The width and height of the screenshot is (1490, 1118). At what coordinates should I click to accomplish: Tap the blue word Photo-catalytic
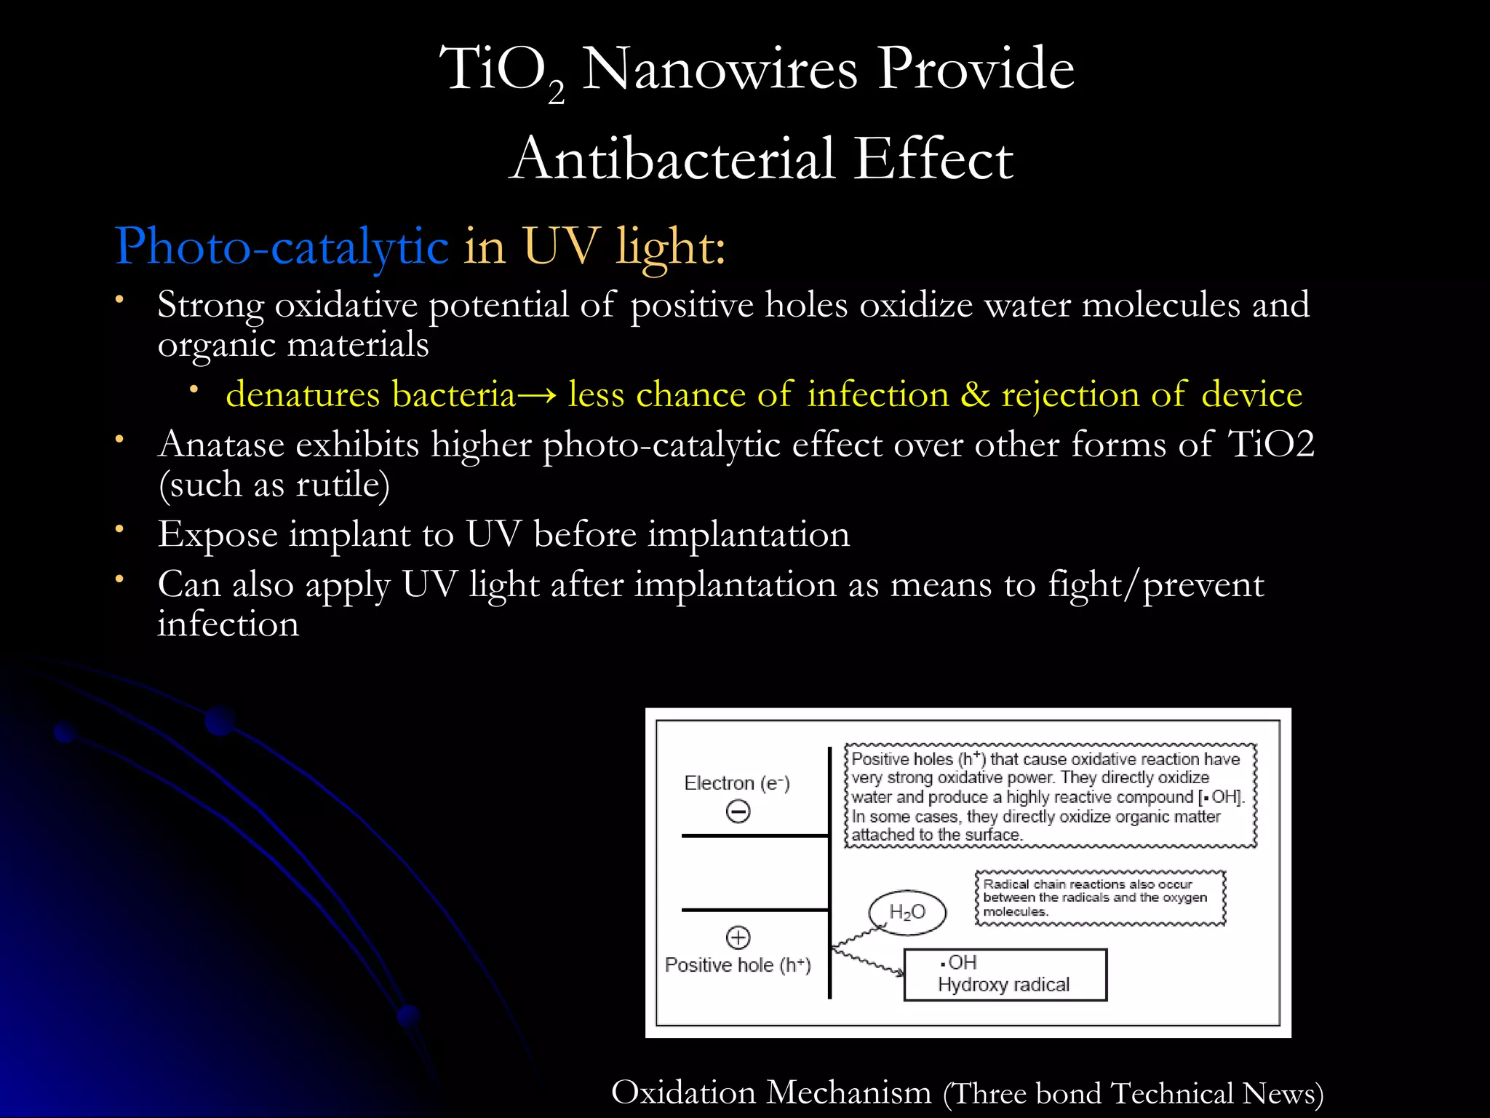click(282, 247)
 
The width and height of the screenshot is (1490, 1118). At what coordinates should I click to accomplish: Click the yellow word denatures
click(303, 395)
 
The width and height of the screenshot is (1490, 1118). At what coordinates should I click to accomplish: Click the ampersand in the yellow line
click(975, 395)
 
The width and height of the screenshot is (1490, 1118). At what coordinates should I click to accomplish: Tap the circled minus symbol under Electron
click(738, 811)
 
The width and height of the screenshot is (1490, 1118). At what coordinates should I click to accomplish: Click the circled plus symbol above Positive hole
click(738, 937)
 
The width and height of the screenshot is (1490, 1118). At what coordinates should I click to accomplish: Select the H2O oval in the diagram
click(907, 912)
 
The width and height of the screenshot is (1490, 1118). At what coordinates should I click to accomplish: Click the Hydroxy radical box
click(1005, 975)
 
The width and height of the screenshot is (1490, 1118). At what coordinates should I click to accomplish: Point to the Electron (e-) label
click(736, 783)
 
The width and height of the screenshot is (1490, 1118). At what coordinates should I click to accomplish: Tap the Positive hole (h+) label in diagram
click(738, 965)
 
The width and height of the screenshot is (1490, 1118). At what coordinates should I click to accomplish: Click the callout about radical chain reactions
click(1099, 897)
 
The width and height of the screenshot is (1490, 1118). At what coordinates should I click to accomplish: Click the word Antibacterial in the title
click(672, 159)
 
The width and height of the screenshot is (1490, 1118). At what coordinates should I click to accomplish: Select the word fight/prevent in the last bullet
click(1155, 585)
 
